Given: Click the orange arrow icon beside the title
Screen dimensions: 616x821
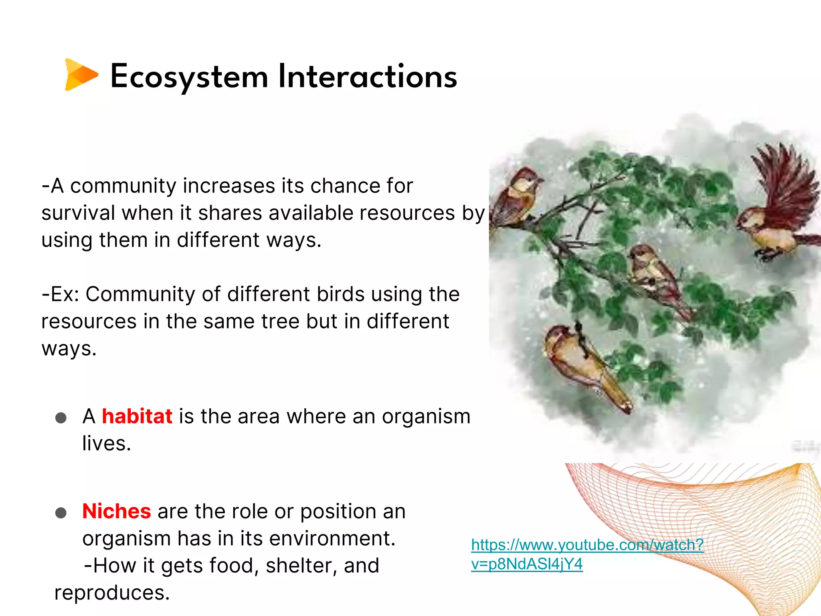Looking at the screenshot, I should pyautogui.click(x=81, y=75).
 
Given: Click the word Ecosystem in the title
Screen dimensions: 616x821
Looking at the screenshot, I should pyautogui.click(x=189, y=77).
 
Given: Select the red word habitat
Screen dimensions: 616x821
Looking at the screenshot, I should pyautogui.click(x=137, y=416).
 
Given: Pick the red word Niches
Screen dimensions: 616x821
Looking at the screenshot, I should pyautogui.click(x=117, y=511).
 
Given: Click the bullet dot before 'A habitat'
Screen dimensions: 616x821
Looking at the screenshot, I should pyautogui.click(x=61, y=418).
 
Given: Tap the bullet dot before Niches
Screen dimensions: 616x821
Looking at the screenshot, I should pyautogui.click(x=61, y=513).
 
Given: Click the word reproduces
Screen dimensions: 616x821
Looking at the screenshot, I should pyautogui.click(x=112, y=593).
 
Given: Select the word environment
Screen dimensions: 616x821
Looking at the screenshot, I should pyautogui.click(x=332, y=539).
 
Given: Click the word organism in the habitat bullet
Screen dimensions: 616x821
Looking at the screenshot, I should pyautogui.click(x=426, y=416).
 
